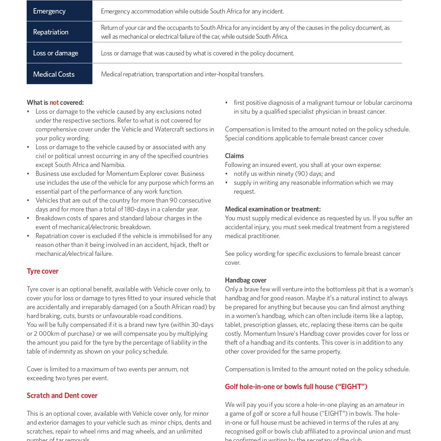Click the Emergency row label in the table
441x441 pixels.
point(49,11)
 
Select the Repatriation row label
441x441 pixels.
point(51,32)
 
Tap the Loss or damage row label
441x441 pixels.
point(55,53)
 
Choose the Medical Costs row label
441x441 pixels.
point(54,74)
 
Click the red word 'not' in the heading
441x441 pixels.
point(54,103)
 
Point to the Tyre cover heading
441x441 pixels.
point(42,271)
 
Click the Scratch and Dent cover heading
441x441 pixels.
point(62,396)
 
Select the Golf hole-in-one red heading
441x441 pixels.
point(296,387)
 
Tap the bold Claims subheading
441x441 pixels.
point(234,156)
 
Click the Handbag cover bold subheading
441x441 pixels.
point(246,280)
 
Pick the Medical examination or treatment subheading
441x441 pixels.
point(273,209)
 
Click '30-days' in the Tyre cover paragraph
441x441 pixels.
point(202,325)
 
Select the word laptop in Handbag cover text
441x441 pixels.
point(393,316)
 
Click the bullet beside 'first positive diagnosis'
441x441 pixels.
point(226,103)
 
